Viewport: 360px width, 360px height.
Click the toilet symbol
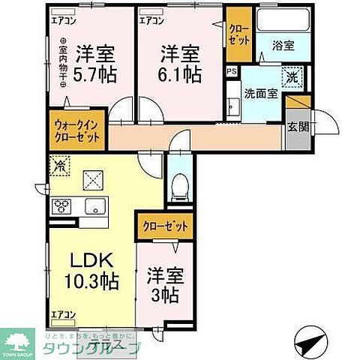coord(178,185)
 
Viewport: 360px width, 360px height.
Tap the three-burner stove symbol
coord(61,206)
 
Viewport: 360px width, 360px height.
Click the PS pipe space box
coord(231,72)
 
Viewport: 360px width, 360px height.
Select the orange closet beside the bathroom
coord(239,34)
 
